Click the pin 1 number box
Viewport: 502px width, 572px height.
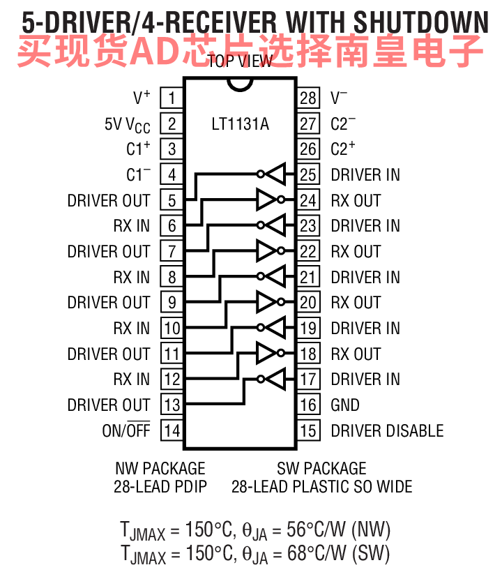click(x=172, y=98)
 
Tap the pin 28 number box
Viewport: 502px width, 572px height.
click(x=308, y=98)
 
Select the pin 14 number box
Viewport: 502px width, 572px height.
click(x=172, y=430)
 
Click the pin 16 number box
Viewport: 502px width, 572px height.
click(x=308, y=405)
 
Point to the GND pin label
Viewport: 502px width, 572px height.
click(x=345, y=405)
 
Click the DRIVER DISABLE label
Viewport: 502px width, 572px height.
click(x=387, y=430)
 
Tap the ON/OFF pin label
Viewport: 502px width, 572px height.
click(x=126, y=430)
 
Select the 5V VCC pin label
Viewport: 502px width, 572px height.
click(x=128, y=124)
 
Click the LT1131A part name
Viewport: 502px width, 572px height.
click(x=240, y=125)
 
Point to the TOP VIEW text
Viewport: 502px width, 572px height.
click(x=240, y=61)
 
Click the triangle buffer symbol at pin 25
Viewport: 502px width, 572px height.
click(x=276, y=174)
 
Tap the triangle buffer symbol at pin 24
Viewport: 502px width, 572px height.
click(x=267, y=200)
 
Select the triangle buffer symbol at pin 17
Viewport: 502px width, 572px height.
click(x=276, y=379)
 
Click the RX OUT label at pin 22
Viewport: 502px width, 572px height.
click(x=356, y=251)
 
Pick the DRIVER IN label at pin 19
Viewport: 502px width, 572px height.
click(x=365, y=328)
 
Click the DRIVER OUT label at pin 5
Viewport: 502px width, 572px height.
click(x=109, y=200)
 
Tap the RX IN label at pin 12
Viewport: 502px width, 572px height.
click(x=132, y=379)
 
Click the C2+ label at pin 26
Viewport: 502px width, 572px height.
click(x=343, y=149)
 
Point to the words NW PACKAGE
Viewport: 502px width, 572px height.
click(x=160, y=468)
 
